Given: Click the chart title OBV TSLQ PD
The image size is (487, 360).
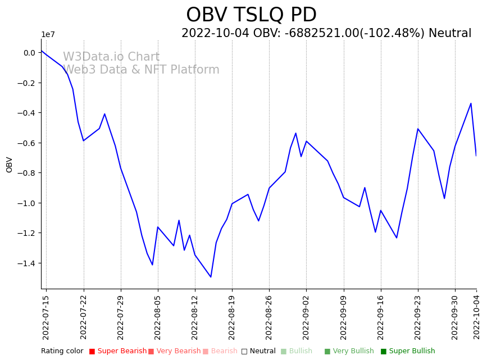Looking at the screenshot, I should coord(251,15).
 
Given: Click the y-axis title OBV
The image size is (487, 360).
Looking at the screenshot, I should coord(9,164).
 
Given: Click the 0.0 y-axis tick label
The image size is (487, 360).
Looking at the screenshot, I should coord(29,53).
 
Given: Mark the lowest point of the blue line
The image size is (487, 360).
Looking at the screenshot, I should coord(211,277).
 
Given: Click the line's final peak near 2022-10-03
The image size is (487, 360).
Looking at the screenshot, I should coord(471,103).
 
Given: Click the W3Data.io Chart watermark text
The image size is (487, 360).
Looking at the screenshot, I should coord(111,57).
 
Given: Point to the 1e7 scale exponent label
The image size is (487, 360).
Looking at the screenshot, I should coord(48,35).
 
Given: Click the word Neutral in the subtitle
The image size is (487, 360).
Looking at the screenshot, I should coord(450,34).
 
